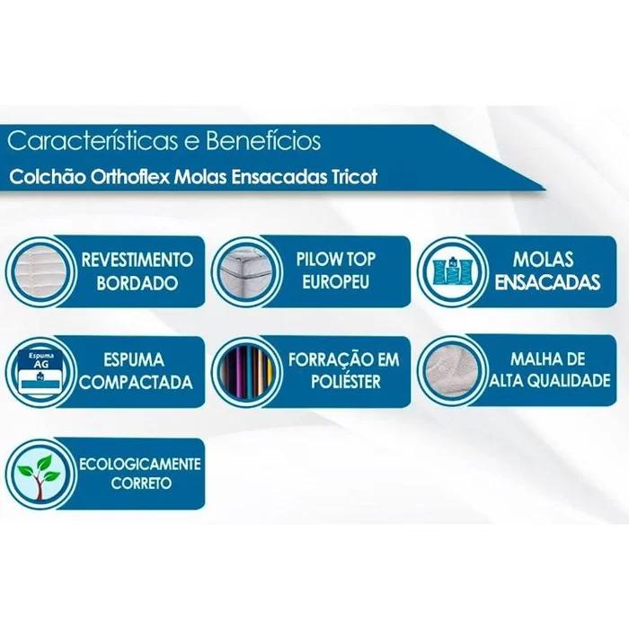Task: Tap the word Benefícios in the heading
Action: pos(263,140)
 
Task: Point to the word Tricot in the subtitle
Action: pos(354,176)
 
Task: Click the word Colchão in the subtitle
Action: pos(48,177)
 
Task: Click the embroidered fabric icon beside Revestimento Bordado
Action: pos(40,272)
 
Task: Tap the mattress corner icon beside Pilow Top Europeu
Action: pos(246,272)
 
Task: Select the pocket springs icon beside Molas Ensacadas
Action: pos(452,272)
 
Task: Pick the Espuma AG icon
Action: pos(40,372)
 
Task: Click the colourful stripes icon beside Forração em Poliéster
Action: pos(246,372)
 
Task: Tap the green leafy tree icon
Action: pos(40,474)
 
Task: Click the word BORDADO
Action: pos(137,283)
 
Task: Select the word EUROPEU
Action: pos(335,281)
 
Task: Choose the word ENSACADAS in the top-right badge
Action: pos(547,282)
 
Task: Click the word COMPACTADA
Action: pos(136,382)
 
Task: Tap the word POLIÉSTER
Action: pos(345,381)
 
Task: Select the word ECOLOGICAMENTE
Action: pos(139,465)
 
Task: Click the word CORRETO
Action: pos(141,483)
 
